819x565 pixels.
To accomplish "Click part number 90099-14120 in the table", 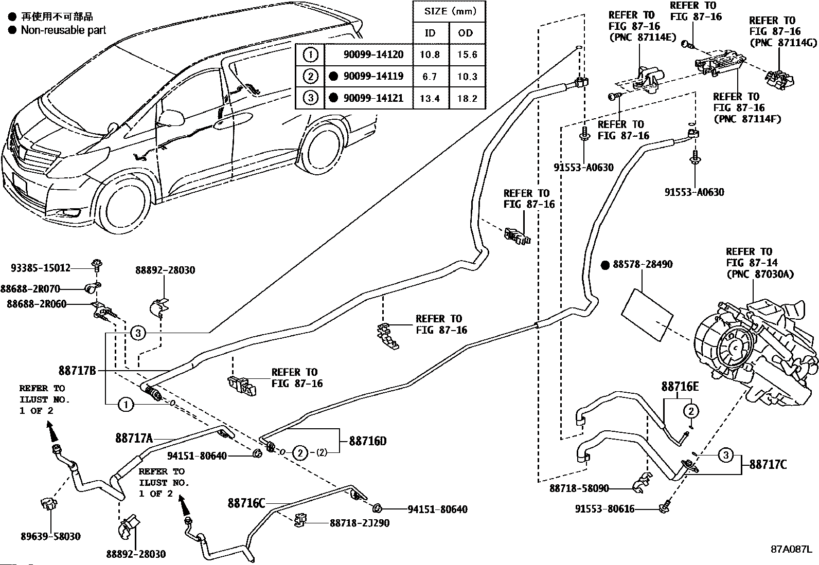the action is [373, 55].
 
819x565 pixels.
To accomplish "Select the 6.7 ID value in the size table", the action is [430, 77].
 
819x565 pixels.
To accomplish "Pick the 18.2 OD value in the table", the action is [467, 98].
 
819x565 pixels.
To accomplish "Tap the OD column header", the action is [466, 33].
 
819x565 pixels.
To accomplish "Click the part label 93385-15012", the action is [40, 268].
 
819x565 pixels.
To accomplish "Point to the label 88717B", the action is [77, 371].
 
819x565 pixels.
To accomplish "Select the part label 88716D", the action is [367, 441].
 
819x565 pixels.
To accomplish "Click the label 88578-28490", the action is [643, 264].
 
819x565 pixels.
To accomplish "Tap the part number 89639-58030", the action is [50, 537].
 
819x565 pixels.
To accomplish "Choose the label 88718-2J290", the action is [360, 523].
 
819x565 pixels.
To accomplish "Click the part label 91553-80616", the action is [605, 509].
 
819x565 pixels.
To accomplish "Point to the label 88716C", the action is [246, 503].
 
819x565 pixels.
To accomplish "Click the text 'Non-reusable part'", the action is [63, 30].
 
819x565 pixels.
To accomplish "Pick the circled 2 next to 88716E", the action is [691, 411].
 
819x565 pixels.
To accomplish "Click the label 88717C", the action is [768, 465].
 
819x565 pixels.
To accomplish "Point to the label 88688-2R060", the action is [37, 304].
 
